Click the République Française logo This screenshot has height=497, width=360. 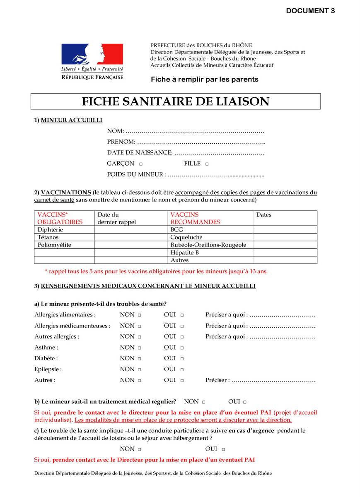[x=92, y=62]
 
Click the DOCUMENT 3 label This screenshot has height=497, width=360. [x=310, y=11]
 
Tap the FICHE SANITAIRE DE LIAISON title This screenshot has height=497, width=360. [x=175, y=101]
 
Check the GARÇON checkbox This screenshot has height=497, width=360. [x=141, y=164]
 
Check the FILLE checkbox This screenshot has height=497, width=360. [x=207, y=164]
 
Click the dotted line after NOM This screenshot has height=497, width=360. [x=195, y=131]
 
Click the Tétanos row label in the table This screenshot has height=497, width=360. [x=48, y=237]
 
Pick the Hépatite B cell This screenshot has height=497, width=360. [x=185, y=253]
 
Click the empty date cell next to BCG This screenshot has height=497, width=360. [x=285, y=229]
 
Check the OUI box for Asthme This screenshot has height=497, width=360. [x=182, y=348]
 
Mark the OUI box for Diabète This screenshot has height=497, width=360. [x=182, y=359]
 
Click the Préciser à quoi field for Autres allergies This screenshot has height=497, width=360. [x=283, y=337]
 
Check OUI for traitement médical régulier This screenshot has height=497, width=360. [x=245, y=402]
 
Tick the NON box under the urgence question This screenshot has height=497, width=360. [x=139, y=449]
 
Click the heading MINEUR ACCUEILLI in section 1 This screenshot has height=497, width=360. [x=71, y=120]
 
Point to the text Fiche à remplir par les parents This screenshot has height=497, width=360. [x=204, y=79]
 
